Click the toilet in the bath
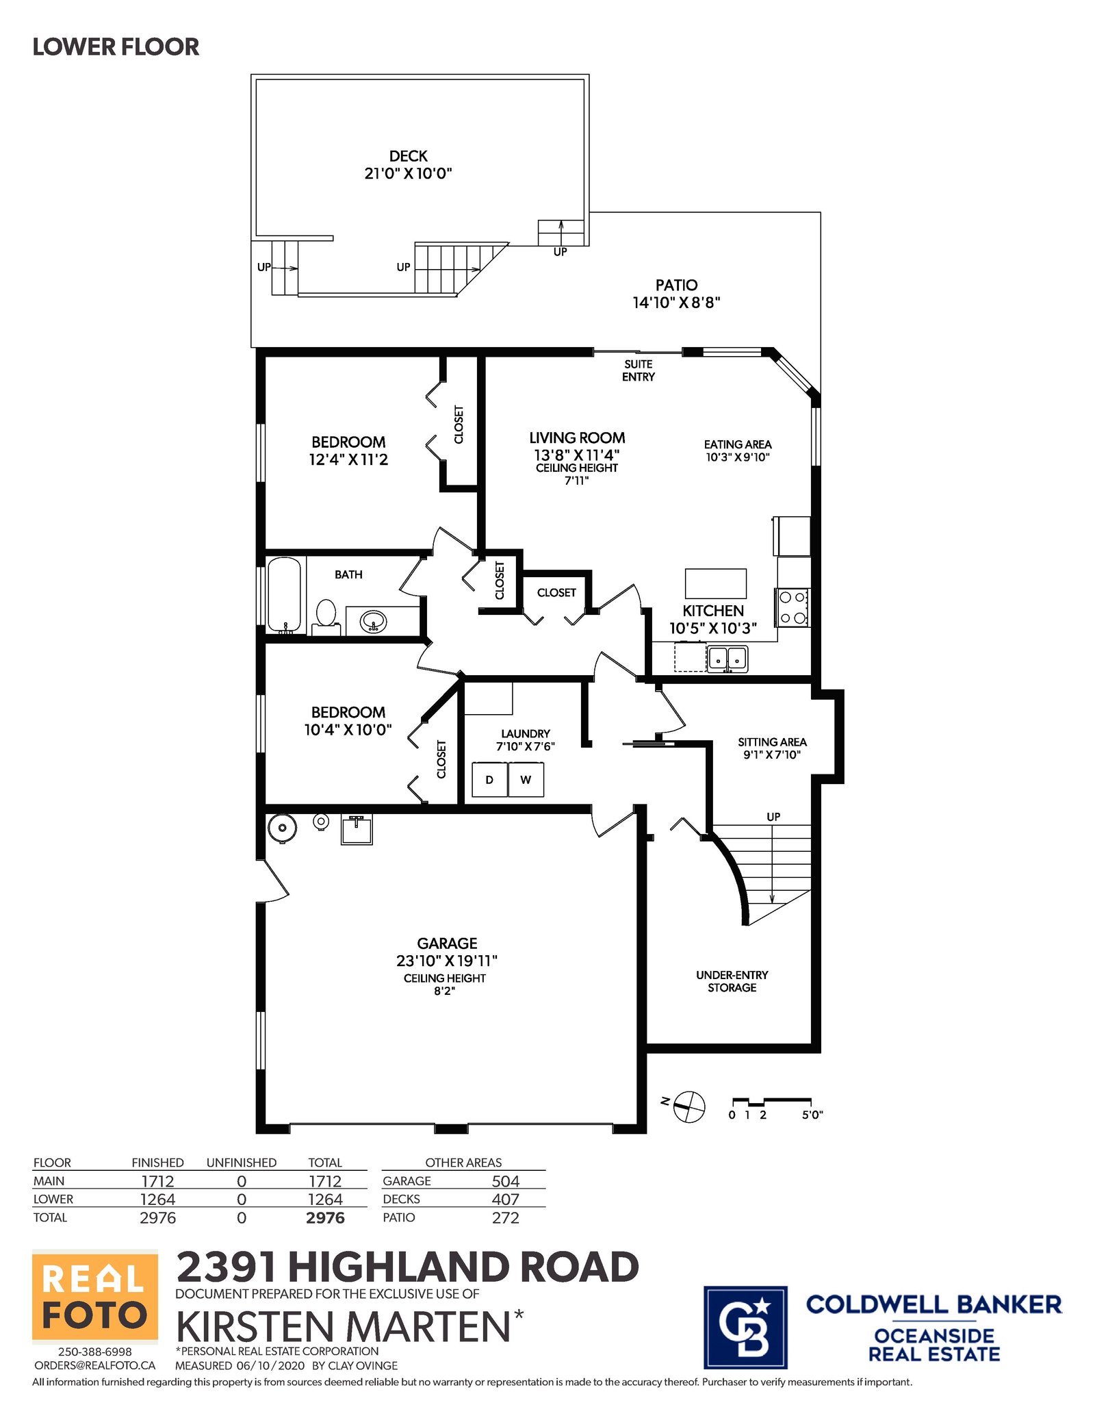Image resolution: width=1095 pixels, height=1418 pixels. (x=326, y=617)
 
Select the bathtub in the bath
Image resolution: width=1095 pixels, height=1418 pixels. (x=283, y=594)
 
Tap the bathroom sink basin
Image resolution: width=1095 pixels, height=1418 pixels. (x=373, y=622)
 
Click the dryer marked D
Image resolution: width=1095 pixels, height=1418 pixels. (x=490, y=780)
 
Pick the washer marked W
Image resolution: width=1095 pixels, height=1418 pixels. (x=526, y=780)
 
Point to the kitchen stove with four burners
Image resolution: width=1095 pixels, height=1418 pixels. (x=793, y=607)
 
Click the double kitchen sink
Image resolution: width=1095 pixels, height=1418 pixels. (x=727, y=659)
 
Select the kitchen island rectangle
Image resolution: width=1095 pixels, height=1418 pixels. (x=716, y=583)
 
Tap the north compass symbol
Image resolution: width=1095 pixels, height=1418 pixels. (x=688, y=1106)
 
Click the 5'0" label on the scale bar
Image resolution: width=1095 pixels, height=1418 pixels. (x=812, y=1115)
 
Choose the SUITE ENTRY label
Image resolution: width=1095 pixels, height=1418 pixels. (x=639, y=370)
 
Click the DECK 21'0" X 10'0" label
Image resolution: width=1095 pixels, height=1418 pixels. (x=409, y=165)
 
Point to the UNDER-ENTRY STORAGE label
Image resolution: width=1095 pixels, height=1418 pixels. (x=732, y=981)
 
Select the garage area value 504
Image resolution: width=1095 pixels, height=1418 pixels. (x=506, y=1181)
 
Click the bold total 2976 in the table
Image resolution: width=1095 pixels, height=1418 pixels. (x=325, y=1218)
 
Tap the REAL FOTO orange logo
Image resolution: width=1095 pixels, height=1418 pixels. (x=95, y=1297)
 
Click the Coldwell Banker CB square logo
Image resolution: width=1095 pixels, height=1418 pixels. (x=745, y=1327)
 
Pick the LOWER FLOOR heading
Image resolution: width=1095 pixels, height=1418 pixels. (x=116, y=47)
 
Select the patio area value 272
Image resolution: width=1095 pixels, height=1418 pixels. (x=506, y=1218)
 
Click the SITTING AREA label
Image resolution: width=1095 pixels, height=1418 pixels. (x=772, y=748)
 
